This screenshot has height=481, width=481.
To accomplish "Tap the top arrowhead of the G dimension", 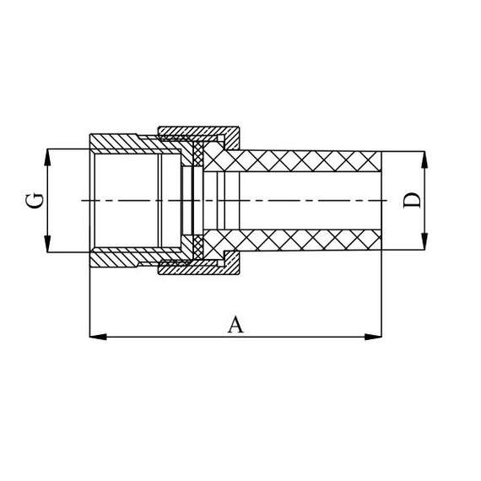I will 48,155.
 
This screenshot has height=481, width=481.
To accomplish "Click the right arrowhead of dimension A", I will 374,337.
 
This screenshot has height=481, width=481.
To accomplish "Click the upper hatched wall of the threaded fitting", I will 122,142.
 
